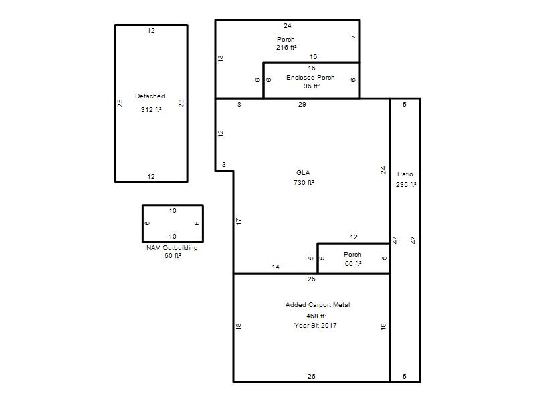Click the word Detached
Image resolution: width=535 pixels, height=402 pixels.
[x=150, y=96]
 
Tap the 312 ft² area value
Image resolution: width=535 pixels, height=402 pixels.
[x=151, y=109]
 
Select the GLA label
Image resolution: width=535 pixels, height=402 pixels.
[x=303, y=173]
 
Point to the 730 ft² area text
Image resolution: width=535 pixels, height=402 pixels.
[x=304, y=182]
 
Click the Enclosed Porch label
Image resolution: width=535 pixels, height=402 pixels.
[x=310, y=78]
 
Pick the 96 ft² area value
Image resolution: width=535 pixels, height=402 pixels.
[x=312, y=86]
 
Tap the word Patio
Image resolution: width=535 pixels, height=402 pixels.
[x=405, y=174]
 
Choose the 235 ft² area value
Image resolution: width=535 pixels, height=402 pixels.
[x=406, y=185]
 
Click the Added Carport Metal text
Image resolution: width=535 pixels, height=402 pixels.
[x=318, y=305]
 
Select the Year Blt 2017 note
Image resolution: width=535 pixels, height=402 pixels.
[x=315, y=326]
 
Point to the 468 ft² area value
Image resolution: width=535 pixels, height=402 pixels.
[x=316, y=316]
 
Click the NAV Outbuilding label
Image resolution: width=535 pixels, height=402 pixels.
[x=172, y=248]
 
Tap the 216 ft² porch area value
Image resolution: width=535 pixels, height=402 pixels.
[x=286, y=48]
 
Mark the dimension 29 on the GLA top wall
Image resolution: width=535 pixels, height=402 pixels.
[x=302, y=105]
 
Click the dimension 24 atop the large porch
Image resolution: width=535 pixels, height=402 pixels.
[x=288, y=26]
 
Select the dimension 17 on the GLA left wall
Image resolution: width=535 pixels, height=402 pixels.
[x=239, y=222]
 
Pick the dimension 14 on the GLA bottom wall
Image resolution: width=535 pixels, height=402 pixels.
[x=276, y=267]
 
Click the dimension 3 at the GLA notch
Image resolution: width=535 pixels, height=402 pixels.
[x=224, y=165]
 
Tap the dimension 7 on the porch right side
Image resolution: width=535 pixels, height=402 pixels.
[x=354, y=38]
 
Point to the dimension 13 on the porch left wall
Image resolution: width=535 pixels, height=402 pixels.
[x=221, y=58]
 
